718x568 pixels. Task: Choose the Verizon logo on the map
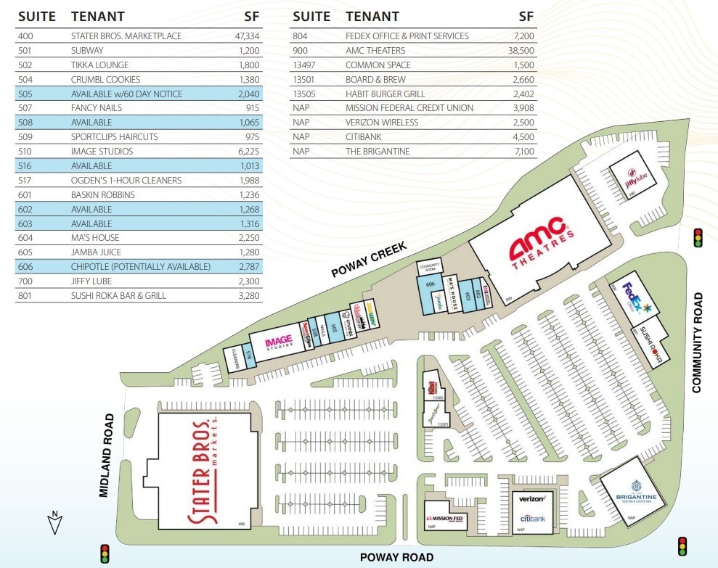pos(533,499)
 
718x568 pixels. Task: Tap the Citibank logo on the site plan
pos(533,519)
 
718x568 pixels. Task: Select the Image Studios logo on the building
pos(277,342)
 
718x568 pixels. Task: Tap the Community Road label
pos(698,342)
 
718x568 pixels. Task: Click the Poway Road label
pos(397,557)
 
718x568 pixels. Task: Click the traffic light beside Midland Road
pos(105,553)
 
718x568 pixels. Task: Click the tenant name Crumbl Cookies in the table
pos(106,79)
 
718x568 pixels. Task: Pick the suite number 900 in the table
pos(300,51)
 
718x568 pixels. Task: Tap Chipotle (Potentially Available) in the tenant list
pos(141,267)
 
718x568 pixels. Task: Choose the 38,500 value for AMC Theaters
pos(517,51)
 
